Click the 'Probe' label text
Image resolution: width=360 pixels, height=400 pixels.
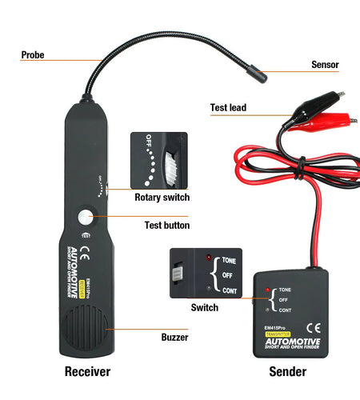click(33, 55)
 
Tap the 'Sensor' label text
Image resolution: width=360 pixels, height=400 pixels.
click(324, 65)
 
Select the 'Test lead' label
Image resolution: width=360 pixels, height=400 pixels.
click(228, 107)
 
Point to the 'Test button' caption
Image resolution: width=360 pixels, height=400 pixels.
click(166, 225)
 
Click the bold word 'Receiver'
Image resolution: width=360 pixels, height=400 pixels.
click(87, 372)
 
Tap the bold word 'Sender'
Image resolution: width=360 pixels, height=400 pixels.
click(286, 372)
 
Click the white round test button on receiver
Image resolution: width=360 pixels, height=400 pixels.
click(85, 217)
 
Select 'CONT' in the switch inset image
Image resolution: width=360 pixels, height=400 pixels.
click(230, 291)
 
